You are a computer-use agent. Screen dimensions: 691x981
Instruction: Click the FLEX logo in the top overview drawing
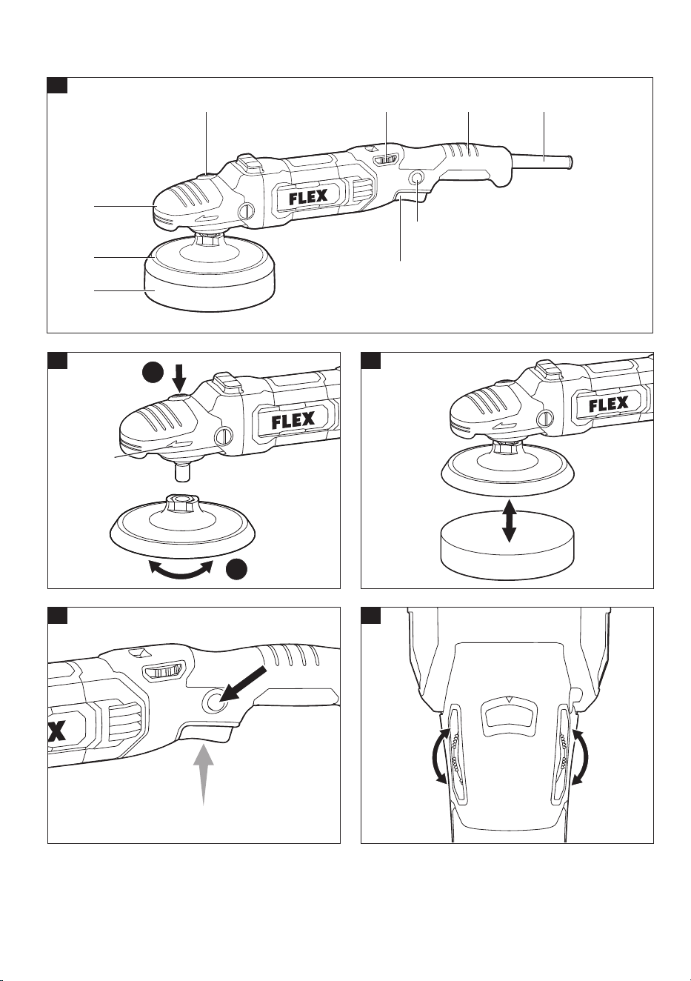(308, 196)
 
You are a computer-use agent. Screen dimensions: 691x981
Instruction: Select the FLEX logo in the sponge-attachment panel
(609, 405)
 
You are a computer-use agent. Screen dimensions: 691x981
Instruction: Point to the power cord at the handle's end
(542, 159)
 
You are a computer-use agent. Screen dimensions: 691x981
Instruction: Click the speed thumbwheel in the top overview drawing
(386, 160)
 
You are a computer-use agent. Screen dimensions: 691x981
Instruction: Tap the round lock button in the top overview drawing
(416, 178)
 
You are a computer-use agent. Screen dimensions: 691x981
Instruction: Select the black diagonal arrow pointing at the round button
(244, 687)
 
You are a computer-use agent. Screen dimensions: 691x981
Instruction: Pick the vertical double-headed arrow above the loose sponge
(509, 522)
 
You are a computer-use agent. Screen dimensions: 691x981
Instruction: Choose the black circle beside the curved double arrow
(237, 569)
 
